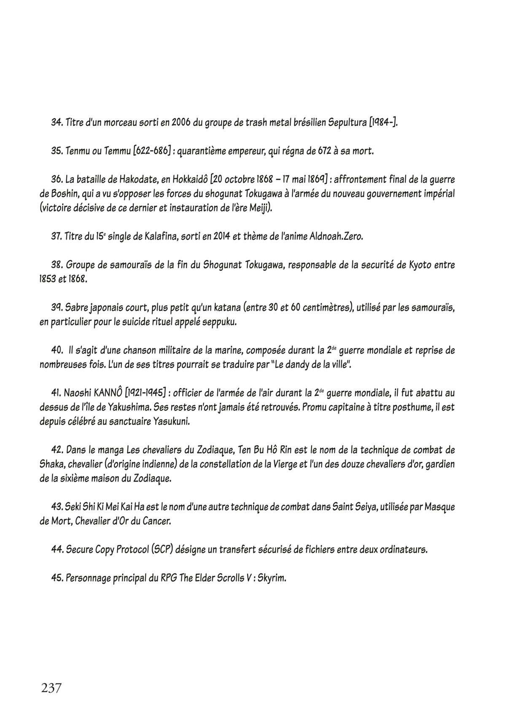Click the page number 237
pos(51,688)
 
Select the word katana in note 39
pos(252,308)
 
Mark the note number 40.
pos(57,351)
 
